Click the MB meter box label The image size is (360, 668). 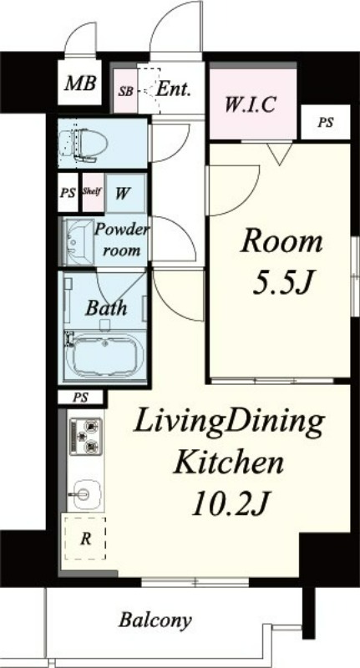[x=80, y=83]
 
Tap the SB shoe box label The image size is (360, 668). [x=125, y=91]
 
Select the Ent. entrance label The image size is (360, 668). [x=173, y=89]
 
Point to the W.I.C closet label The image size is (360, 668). [x=251, y=104]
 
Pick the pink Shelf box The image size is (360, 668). [x=93, y=192]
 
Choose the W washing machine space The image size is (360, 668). [x=125, y=193]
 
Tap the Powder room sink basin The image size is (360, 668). [x=78, y=241]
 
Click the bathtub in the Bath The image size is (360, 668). [x=104, y=355]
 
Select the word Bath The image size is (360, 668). [x=105, y=307]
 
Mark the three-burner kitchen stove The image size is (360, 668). [x=86, y=437]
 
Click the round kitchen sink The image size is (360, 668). [x=85, y=494]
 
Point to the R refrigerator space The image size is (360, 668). [x=85, y=539]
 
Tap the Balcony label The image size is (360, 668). [x=155, y=620]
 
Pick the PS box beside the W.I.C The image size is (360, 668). [x=326, y=122]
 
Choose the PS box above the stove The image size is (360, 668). [x=80, y=398]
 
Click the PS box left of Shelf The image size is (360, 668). [x=68, y=193]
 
